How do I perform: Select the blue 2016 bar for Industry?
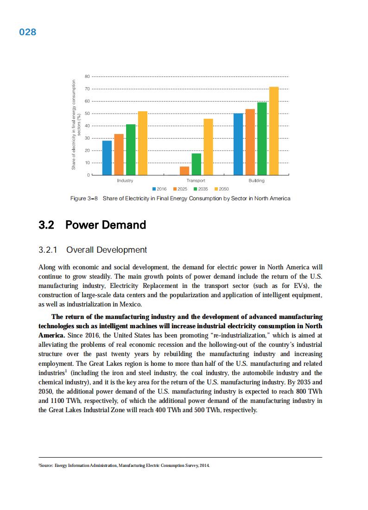pos(107,158)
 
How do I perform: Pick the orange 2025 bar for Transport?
pos(184,171)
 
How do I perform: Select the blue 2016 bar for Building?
pos(238,144)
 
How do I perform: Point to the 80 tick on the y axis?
pos(87,76)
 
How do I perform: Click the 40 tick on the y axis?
pos(87,126)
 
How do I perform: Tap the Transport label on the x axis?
pos(196,181)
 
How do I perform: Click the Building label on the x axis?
pos(256,181)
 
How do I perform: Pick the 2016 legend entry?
pos(159,189)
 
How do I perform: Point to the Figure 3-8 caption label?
pos(84,198)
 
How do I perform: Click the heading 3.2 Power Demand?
pos(92,225)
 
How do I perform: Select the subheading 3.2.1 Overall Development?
pos(93,250)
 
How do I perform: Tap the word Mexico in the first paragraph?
pos(130,305)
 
